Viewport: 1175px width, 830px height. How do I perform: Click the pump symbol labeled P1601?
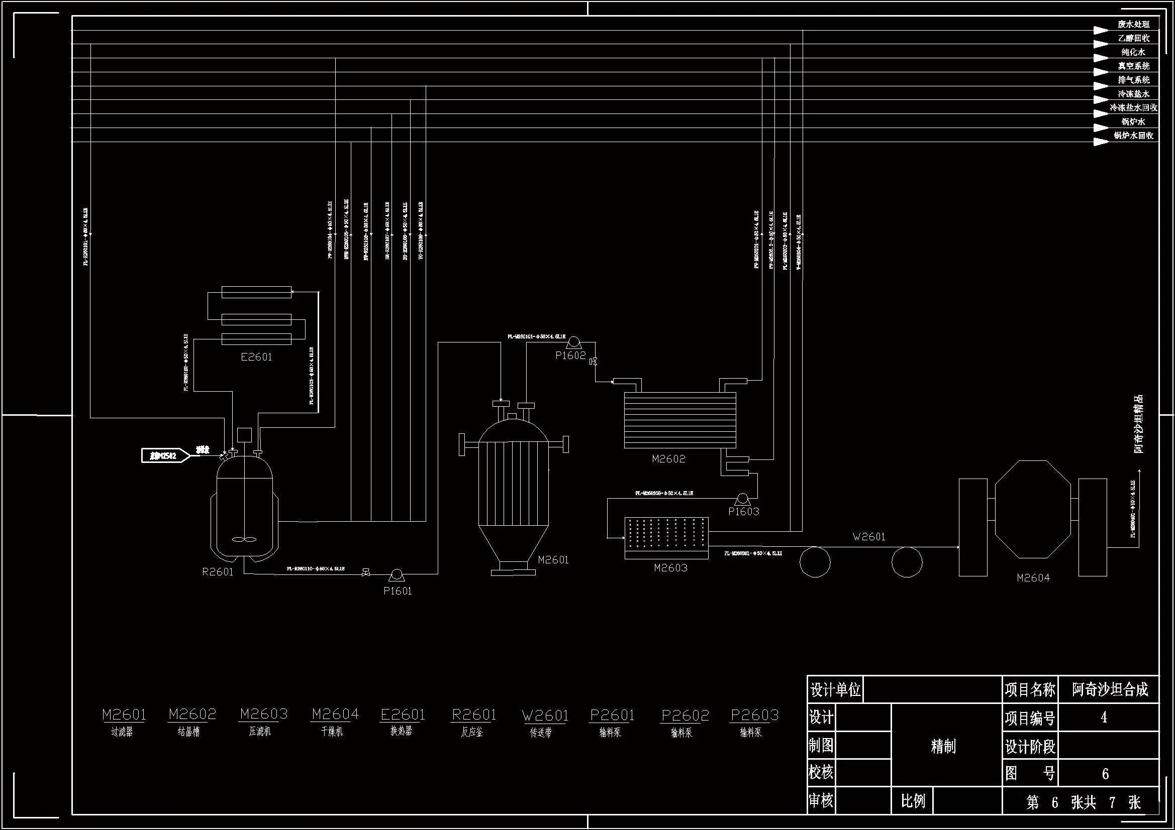pyautogui.click(x=396, y=575)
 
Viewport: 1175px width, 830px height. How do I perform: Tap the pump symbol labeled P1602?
pyautogui.click(x=574, y=342)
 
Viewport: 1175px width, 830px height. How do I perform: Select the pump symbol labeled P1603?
pyautogui.click(x=742, y=499)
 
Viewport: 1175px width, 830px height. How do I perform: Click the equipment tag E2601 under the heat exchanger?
pyautogui.click(x=256, y=357)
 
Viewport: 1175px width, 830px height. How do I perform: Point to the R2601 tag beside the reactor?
pyautogui.click(x=218, y=572)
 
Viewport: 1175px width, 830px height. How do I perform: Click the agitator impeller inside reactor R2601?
pyautogui.click(x=244, y=539)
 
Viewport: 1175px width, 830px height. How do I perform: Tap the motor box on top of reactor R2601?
pyautogui.click(x=245, y=435)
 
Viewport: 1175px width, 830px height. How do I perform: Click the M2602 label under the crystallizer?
pyautogui.click(x=668, y=459)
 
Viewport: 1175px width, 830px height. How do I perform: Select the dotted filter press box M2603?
pyautogui.click(x=666, y=538)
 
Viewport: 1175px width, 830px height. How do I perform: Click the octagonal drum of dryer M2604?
pyautogui.click(x=1033, y=509)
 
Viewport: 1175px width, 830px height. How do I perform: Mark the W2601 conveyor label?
pyautogui.click(x=868, y=536)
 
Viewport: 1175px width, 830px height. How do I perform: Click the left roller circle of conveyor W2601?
pyautogui.click(x=815, y=562)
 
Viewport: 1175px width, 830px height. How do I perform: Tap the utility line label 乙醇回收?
pyautogui.click(x=1134, y=38)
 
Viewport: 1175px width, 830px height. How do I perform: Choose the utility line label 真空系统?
pyautogui.click(x=1134, y=66)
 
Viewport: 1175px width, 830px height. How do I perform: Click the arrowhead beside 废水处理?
pyautogui.click(x=1100, y=30)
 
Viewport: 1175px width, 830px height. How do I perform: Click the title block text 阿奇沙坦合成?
pyautogui.click(x=1110, y=690)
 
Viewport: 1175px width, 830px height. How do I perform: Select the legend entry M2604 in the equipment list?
pyautogui.click(x=335, y=714)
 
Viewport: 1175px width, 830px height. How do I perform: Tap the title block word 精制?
pyautogui.click(x=943, y=746)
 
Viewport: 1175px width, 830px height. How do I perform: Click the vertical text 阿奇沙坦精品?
pyautogui.click(x=1138, y=424)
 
